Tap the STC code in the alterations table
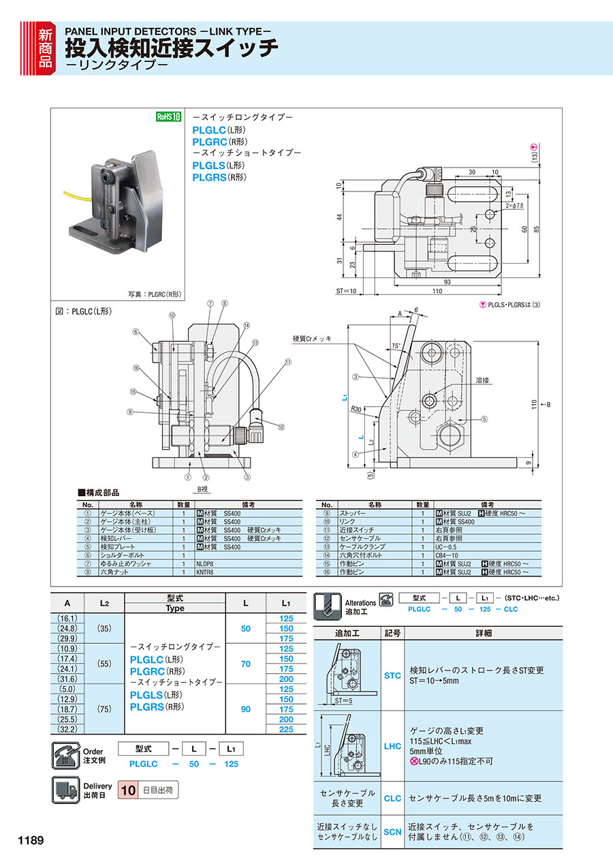click(x=392, y=675)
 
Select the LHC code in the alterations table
click(x=392, y=746)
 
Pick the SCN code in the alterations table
click(x=392, y=831)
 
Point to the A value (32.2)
click(x=67, y=729)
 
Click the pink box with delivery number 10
click(x=127, y=791)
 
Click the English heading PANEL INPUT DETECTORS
click(x=168, y=31)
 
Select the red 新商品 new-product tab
click(x=44, y=47)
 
